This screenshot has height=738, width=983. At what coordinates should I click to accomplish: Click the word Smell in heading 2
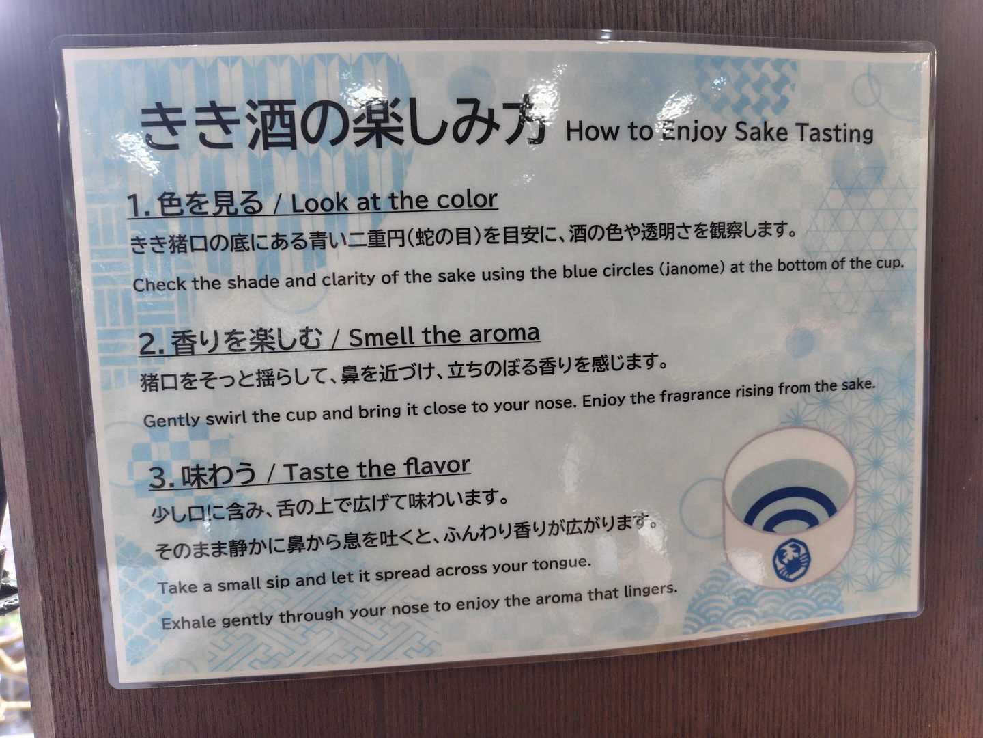(x=382, y=337)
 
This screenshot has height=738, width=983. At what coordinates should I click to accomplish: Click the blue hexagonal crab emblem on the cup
(x=790, y=560)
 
